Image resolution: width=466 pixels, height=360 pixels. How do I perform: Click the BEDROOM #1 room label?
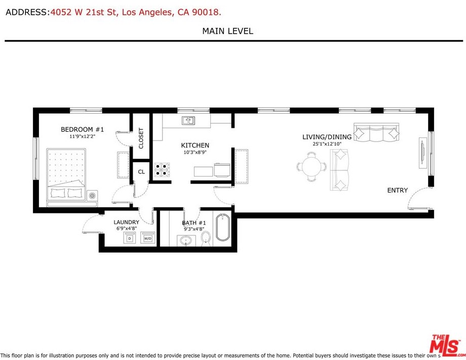[x=83, y=129]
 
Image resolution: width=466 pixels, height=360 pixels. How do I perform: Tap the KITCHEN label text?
[x=195, y=145]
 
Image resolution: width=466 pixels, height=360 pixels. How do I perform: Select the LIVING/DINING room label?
[x=327, y=137]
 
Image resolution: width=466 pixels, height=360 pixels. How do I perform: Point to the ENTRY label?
[x=397, y=190]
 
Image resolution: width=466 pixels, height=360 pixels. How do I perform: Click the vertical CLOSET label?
[x=141, y=138]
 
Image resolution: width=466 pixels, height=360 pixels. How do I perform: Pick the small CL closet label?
[x=141, y=172]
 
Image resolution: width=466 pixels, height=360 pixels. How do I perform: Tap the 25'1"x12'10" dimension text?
[x=327, y=143]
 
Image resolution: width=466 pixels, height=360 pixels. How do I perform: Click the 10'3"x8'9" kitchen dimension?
[x=195, y=152]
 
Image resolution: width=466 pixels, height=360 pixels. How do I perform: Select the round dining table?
[x=312, y=166]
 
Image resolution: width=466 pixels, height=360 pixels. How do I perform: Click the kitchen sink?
[x=188, y=121]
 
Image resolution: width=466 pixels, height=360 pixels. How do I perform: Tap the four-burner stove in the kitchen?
[x=162, y=170]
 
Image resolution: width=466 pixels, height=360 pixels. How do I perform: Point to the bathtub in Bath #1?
[x=222, y=227]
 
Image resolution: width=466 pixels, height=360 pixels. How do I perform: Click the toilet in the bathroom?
[x=206, y=239]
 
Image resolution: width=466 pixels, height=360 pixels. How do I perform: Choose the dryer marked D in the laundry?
[x=129, y=238]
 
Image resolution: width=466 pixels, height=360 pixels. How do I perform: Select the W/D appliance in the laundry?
[x=148, y=238]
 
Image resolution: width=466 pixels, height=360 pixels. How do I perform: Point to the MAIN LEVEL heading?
[x=227, y=31]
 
